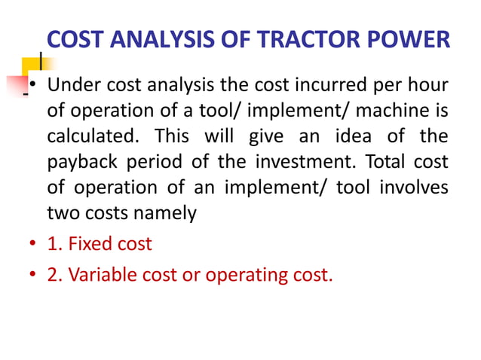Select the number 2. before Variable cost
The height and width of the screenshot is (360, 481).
(x=54, y=275)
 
